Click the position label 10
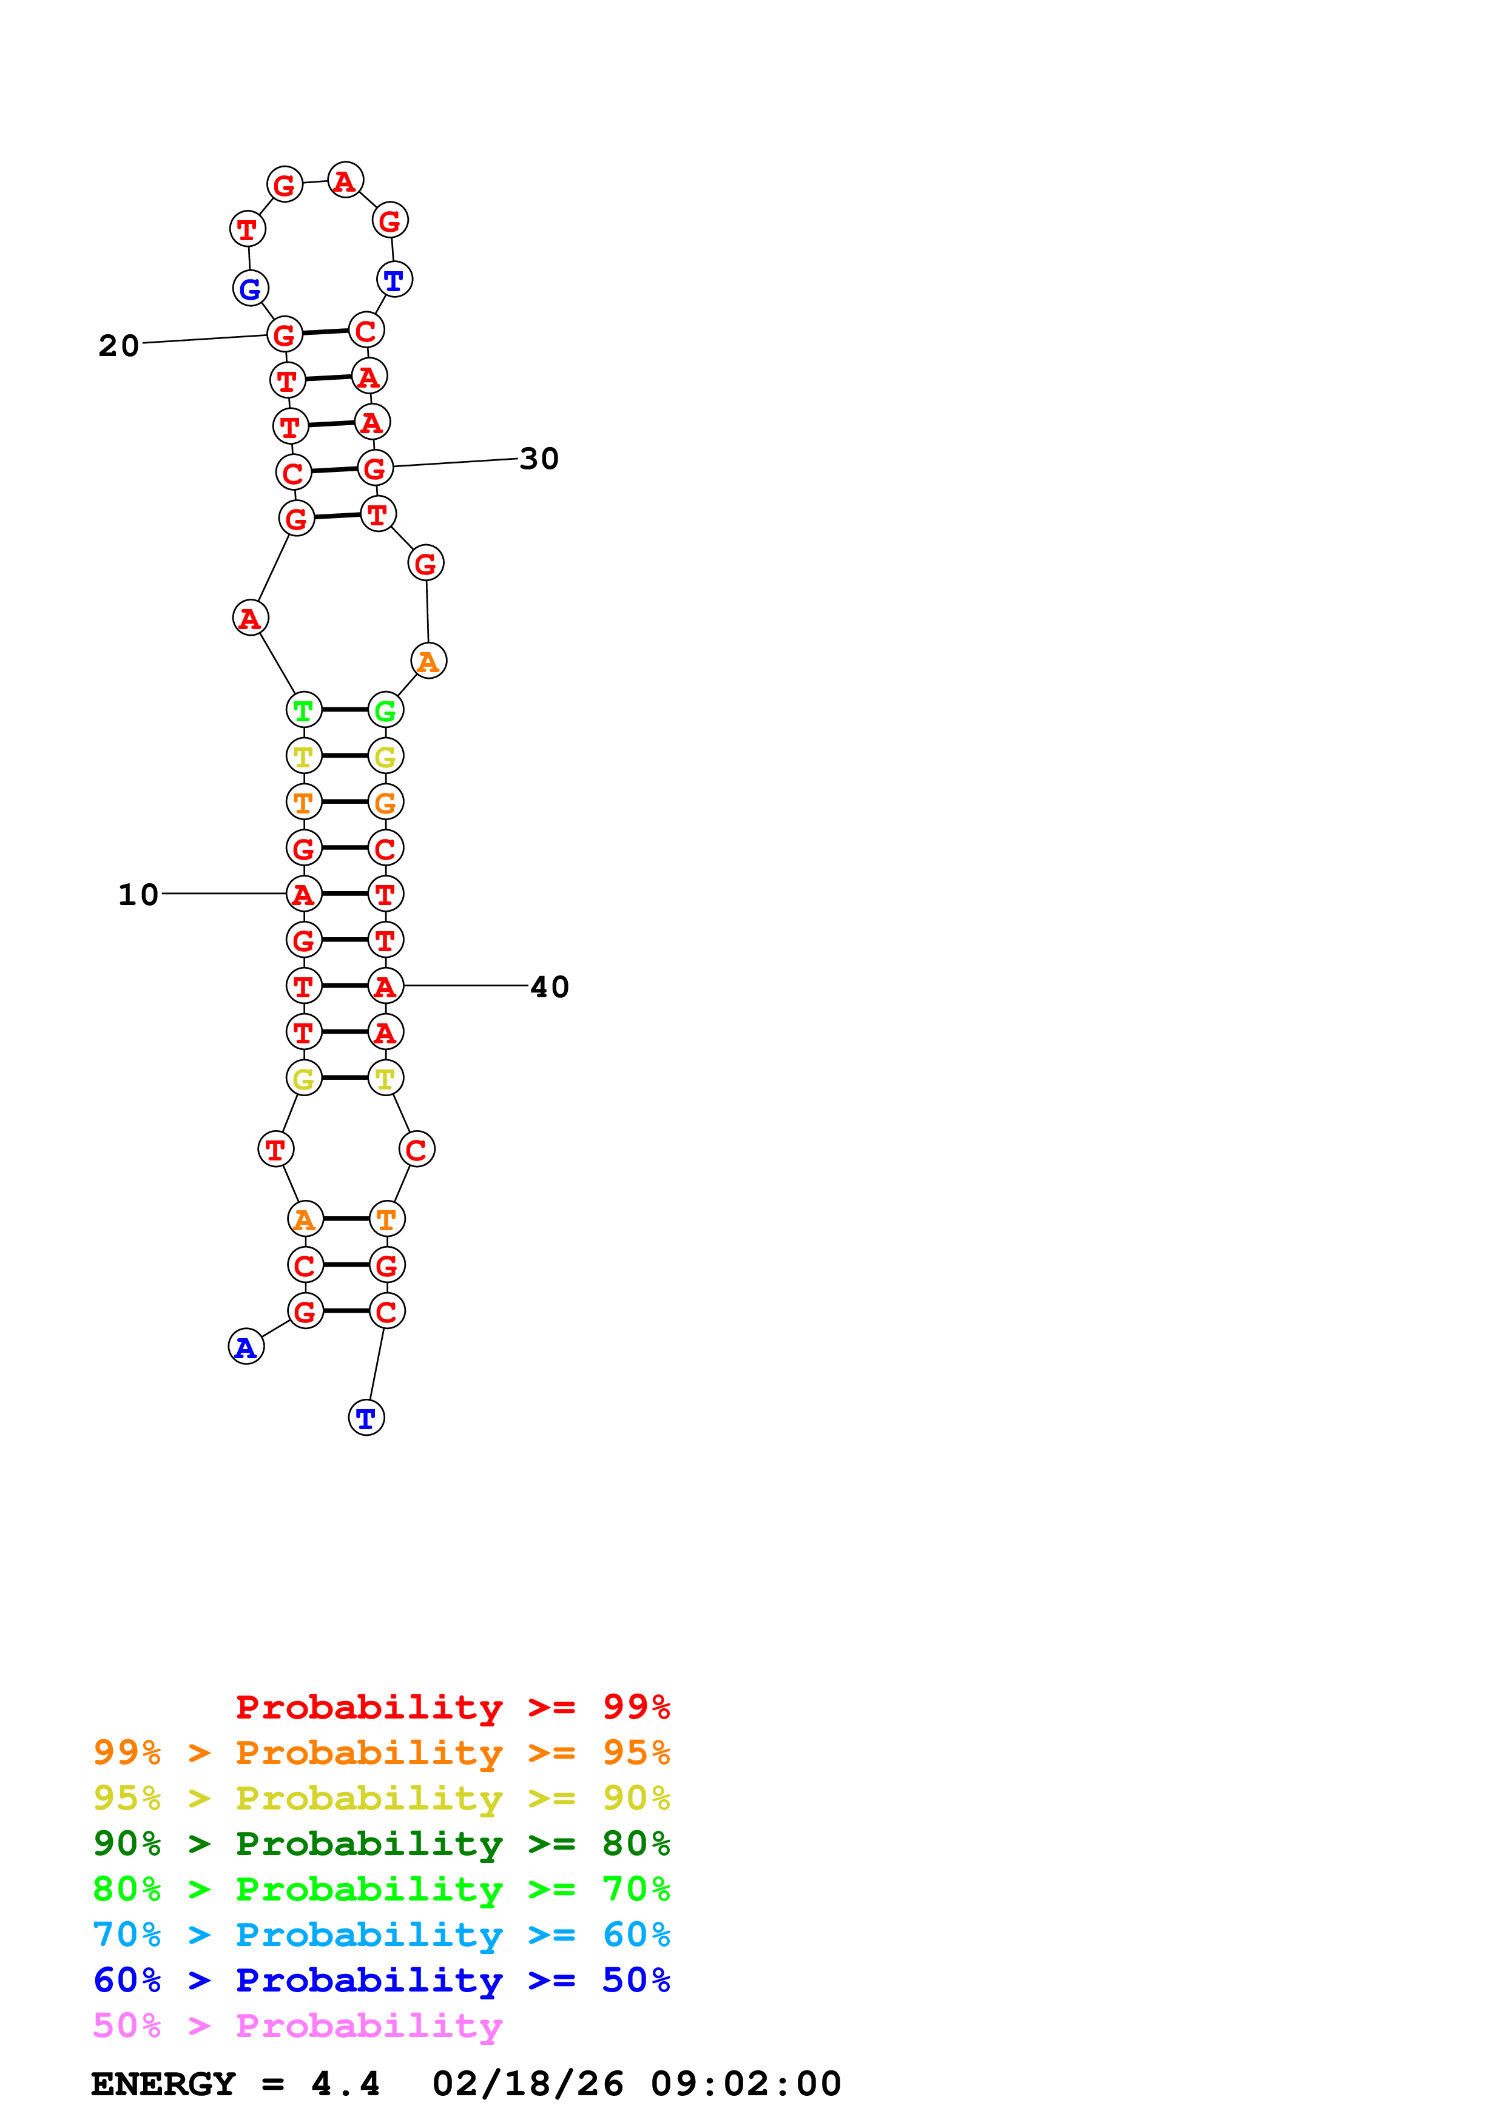coord(138,894)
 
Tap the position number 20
coord(119,346)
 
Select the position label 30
coord(539,459)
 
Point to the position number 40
coord(550,987)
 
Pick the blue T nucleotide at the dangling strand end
coord(366,1418)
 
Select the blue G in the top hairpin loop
coord(250,288)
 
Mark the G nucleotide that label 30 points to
coord(376,468)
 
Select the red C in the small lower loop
coord(417,1150)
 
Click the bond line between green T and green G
coord(345,710)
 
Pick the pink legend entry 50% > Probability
coord(297,2026)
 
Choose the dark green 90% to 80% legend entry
coord(381,1843)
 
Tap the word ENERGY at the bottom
coord(163,2084)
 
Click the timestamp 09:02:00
coord(746,2084)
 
